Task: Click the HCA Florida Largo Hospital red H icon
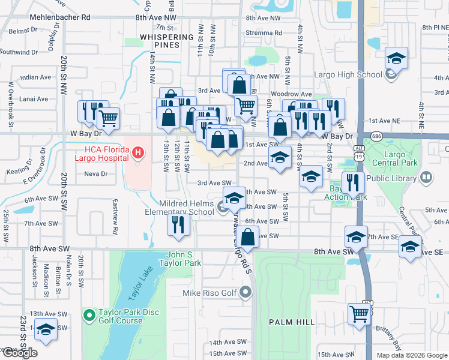coord(137,153)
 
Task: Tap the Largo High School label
coord(348,75)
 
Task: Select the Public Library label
coord(391,178)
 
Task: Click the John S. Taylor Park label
coord(179,259)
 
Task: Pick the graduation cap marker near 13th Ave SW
coord(46,329)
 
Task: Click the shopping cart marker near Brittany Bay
coord(359,313)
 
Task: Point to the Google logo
coord(19,353)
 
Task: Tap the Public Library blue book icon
coord(426,178)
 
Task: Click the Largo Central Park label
coord(394,158)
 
